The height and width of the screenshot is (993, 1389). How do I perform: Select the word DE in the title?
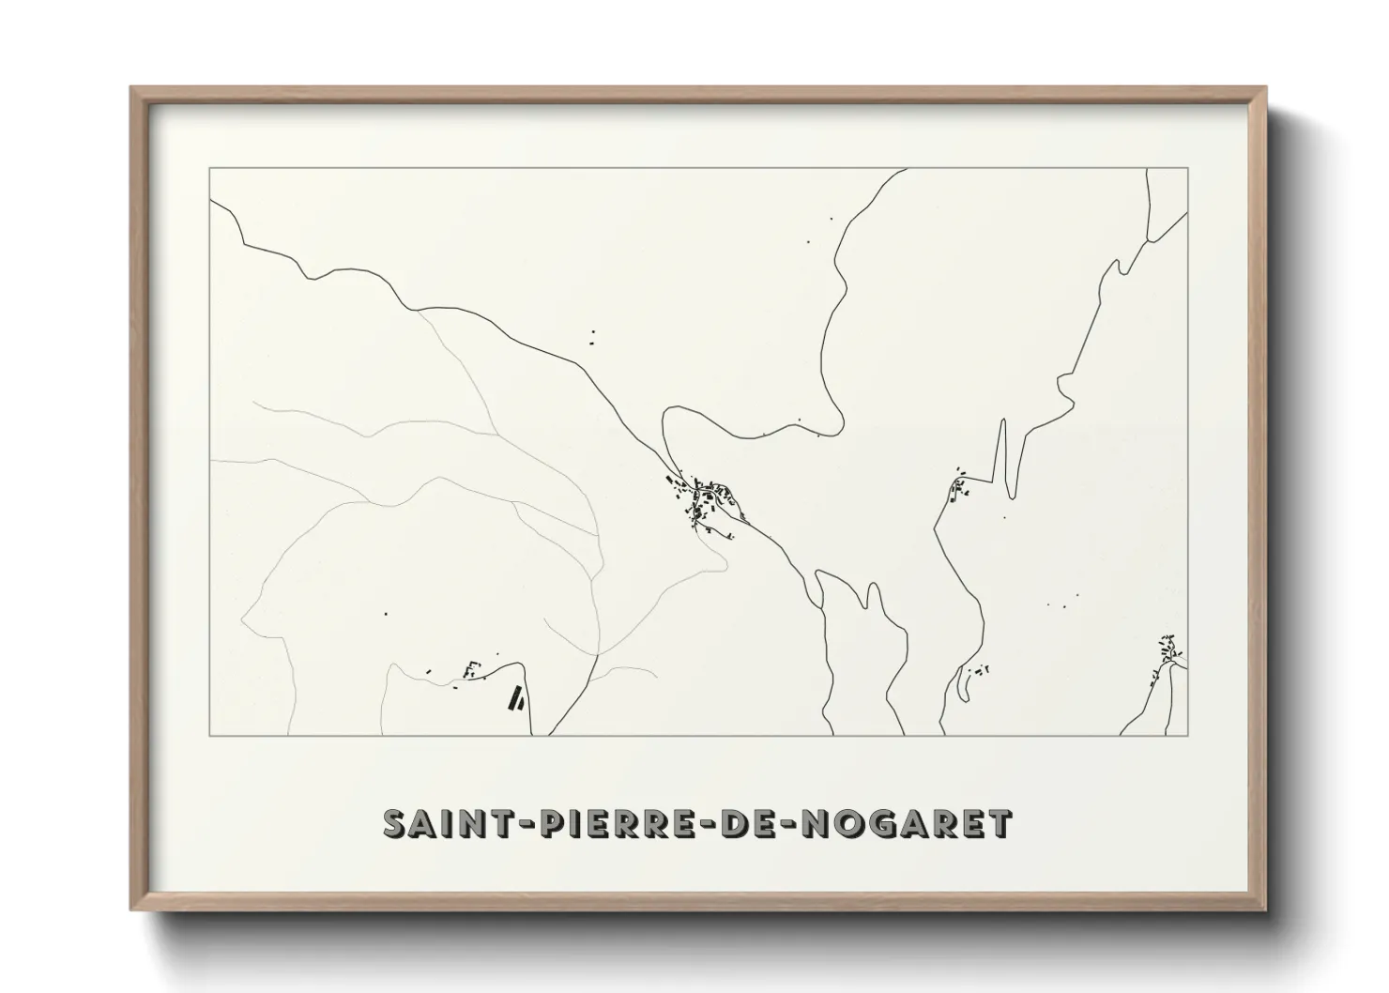point(742,822)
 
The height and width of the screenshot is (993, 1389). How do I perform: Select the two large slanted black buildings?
point(515,699)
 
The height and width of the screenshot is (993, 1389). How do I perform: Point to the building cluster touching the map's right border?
point(1168,649)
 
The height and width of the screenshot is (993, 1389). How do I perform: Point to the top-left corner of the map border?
point(209,168)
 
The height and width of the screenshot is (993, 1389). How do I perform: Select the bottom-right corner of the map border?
point(1188,736)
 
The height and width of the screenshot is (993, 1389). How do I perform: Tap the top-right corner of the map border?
point(1188,168)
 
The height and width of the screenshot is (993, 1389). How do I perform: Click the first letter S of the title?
point(394,822)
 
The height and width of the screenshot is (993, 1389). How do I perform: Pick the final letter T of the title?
point(1000,822)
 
